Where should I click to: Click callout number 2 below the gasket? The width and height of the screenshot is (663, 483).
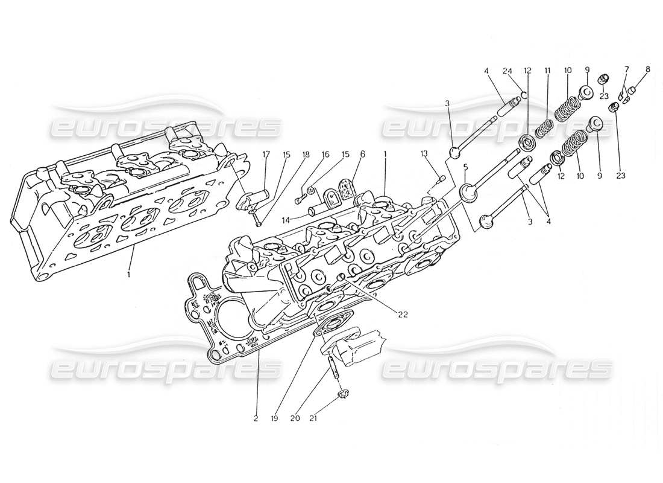point(256,418)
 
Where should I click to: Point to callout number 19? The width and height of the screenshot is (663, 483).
point(274,418)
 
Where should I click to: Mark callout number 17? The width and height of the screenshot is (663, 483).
point(266,155)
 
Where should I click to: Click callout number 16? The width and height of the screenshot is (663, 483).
point(325,155)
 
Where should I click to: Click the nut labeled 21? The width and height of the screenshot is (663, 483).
point(343,395)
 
